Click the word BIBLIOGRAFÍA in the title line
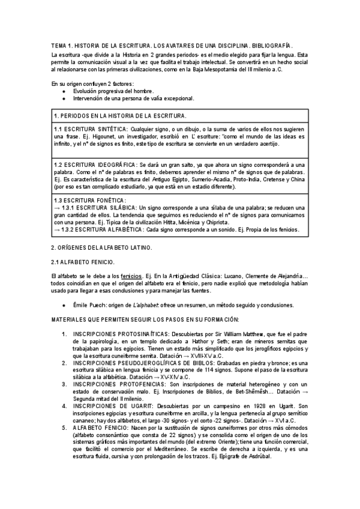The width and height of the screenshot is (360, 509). click(274, 46)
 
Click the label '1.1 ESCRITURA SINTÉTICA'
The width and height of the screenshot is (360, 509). click(90, 129)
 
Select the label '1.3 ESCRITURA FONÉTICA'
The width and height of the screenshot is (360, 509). click(90, 200)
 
